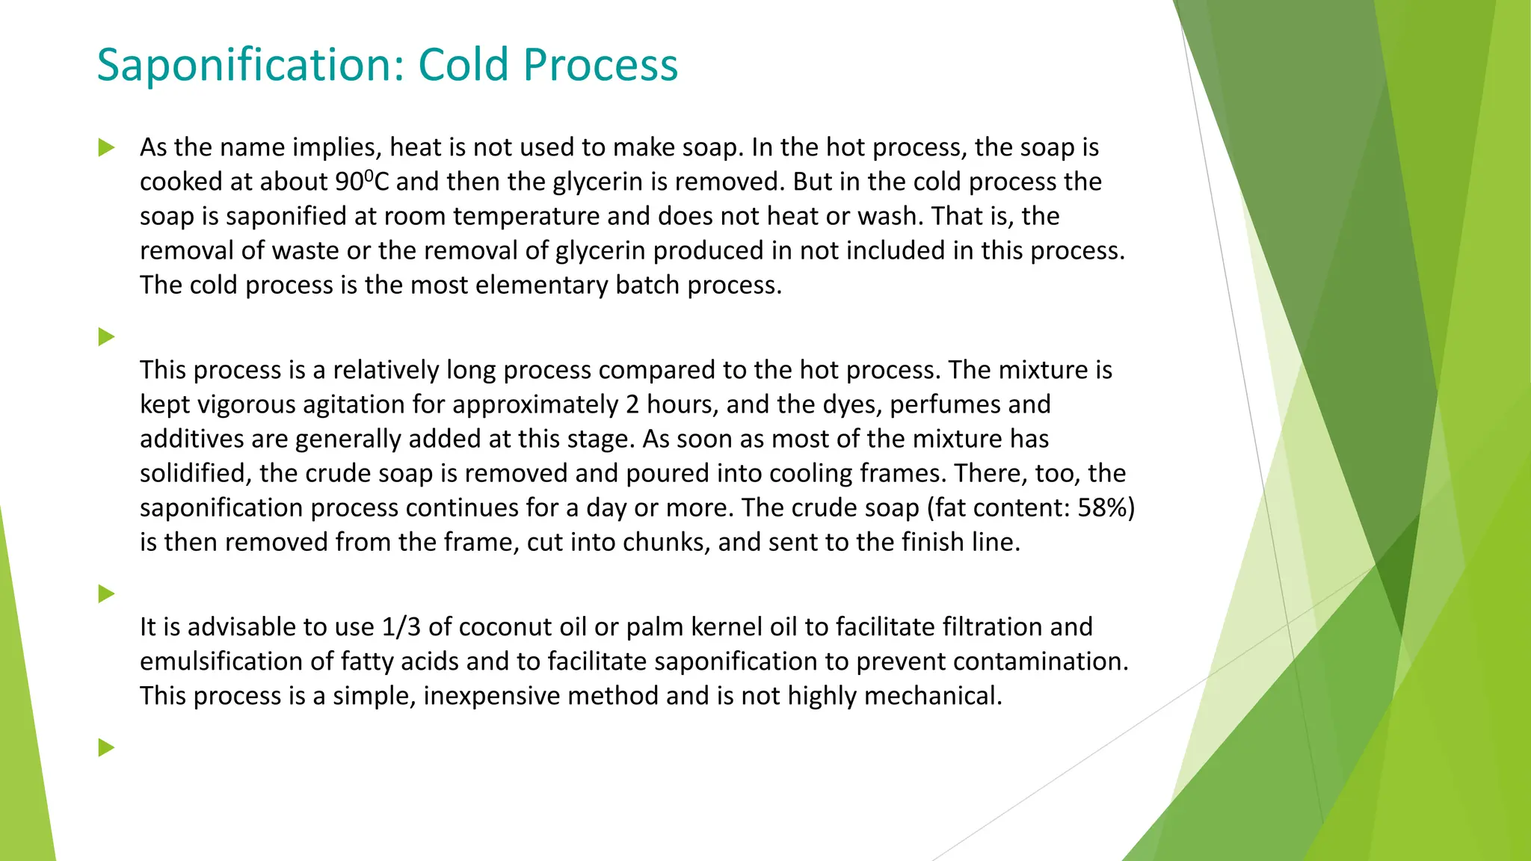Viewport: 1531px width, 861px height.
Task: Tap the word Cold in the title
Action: [x=464, y=65]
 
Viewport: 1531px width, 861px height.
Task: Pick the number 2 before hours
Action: [x=632, y=404]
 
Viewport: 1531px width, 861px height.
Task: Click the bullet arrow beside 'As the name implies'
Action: [x=106, y=148]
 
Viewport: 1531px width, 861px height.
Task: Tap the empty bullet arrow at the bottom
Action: [x=106, y=747]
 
